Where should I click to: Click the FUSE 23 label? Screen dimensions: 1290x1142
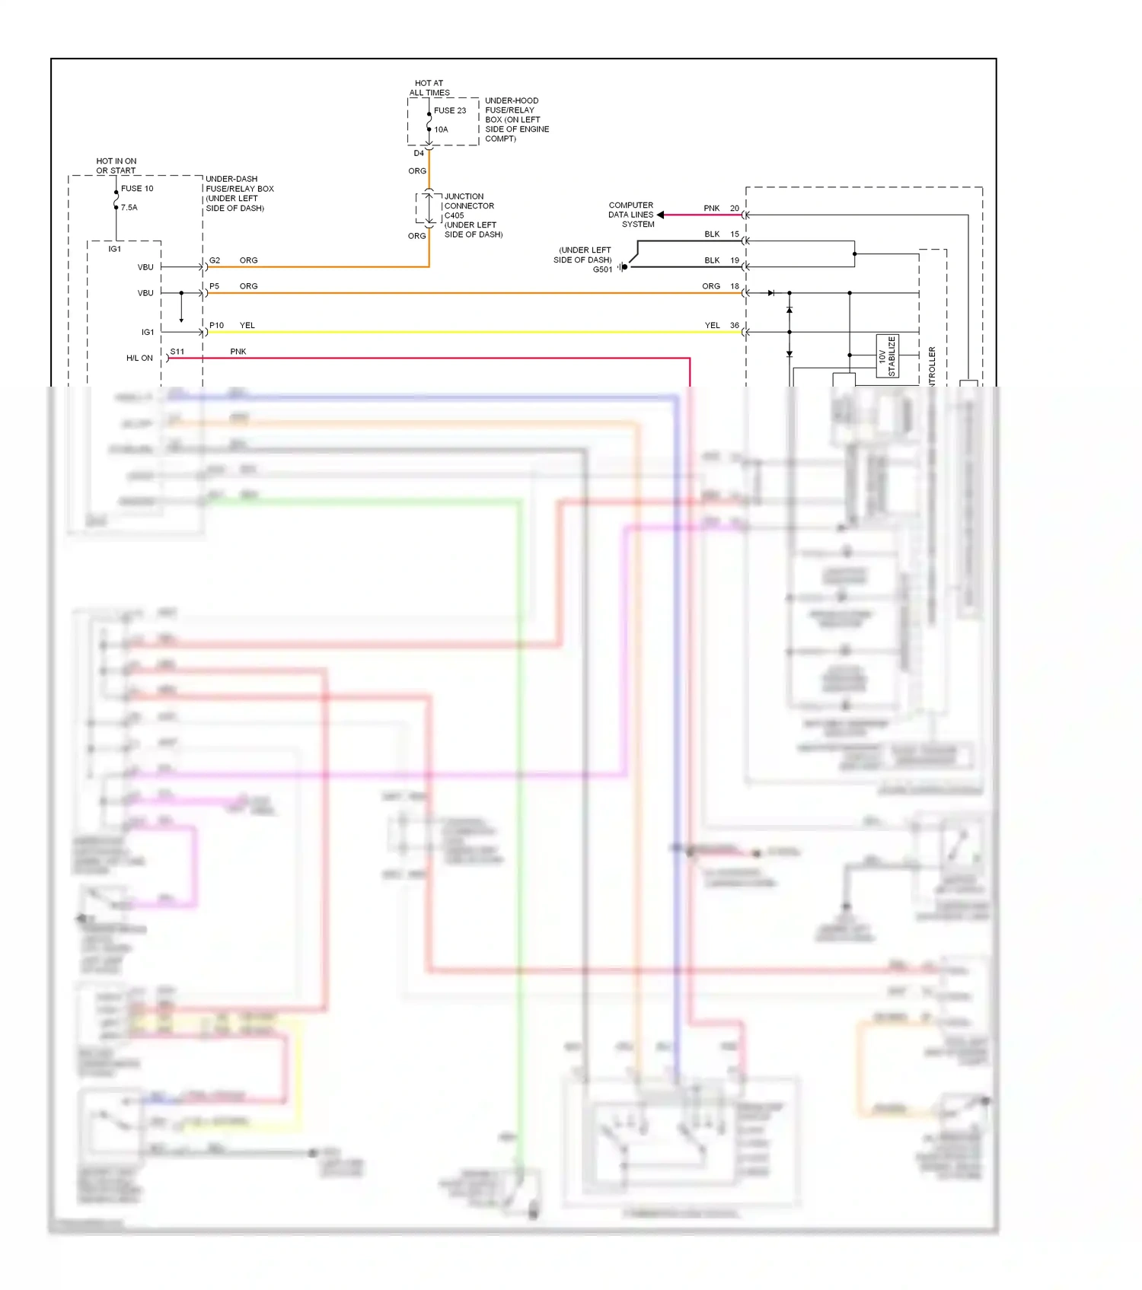449,110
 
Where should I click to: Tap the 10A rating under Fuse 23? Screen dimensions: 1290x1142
441,129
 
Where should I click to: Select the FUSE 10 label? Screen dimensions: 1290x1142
137,188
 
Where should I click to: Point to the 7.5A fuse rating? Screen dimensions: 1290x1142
129,207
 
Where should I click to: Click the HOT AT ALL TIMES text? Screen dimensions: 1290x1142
429,88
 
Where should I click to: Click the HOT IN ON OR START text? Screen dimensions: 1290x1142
116,166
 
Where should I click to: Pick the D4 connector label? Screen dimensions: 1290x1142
419,153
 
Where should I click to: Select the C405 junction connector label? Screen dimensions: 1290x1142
454,215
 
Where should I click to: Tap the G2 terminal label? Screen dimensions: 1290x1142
215,260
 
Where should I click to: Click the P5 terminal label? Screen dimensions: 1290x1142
214,286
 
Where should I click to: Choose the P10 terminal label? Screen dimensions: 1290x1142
216,325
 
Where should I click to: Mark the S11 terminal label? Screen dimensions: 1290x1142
177,352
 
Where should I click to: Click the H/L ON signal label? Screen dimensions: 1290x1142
139,358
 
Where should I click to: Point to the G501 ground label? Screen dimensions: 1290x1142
602,269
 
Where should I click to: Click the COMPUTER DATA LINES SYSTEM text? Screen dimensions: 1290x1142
631,215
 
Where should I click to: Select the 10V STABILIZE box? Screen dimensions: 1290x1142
887,355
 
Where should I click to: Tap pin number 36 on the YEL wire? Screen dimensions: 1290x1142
734,325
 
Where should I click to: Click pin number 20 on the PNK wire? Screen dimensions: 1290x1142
734,208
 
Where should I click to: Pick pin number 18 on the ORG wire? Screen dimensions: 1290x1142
734,286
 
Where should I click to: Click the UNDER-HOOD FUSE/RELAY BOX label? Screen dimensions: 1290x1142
516,119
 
